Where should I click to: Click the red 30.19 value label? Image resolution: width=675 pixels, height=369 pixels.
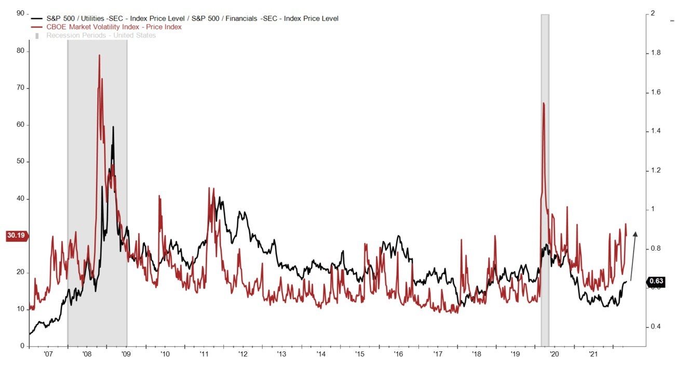tap(16, 236)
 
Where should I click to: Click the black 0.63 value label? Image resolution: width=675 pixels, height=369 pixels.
tap(656, 281)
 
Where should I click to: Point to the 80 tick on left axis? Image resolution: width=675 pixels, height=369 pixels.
tap(21, 51)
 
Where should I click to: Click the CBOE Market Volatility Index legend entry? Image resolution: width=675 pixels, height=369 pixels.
tap(114, 27)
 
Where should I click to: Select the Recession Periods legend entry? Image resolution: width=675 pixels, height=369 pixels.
tap(101, 35)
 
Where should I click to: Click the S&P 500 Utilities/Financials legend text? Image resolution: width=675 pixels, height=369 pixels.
tap(192, 19)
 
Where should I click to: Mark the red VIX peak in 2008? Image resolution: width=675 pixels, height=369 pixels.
tap(99, 55)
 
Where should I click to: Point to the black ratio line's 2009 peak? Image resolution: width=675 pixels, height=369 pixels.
tap(113, 127)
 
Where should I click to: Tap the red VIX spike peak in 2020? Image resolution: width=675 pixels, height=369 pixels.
tap(543, 103)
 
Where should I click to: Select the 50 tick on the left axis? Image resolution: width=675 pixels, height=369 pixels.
tap(21, 162)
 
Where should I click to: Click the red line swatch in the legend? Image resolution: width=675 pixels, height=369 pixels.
tap(37, 27)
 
